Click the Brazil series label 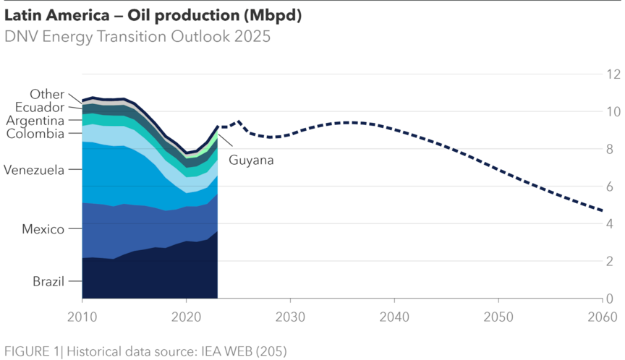coord(48,281)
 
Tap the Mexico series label coord(43,229)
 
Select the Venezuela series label coord(34,170)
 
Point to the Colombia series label coord(35,134)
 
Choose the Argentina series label coord(35,121)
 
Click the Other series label coord(47,95)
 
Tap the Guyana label coord(251,160)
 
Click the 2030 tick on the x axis coord(289,317)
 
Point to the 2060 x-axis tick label coord(603,317)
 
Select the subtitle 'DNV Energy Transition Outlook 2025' coord(137,36)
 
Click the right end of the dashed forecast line coord(603,210)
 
